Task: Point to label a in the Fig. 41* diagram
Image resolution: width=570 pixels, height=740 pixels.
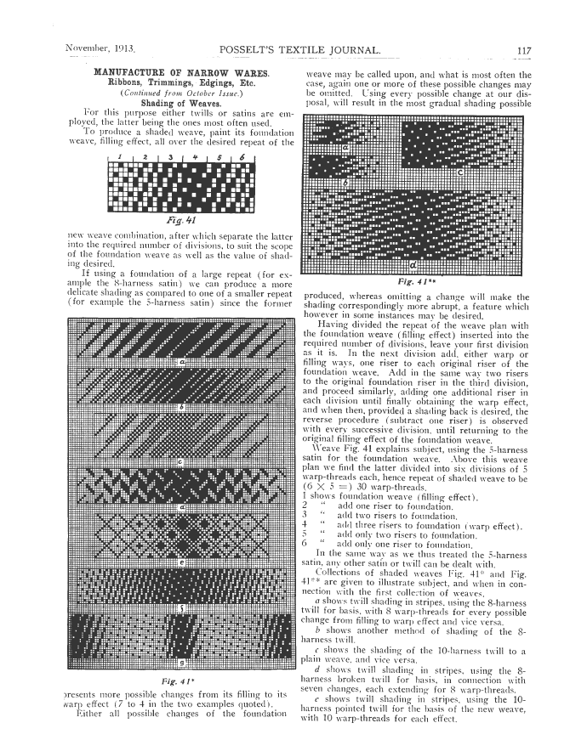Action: tap(180, 361)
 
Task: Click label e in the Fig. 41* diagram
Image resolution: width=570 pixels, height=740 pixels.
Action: tap(180, 562)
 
